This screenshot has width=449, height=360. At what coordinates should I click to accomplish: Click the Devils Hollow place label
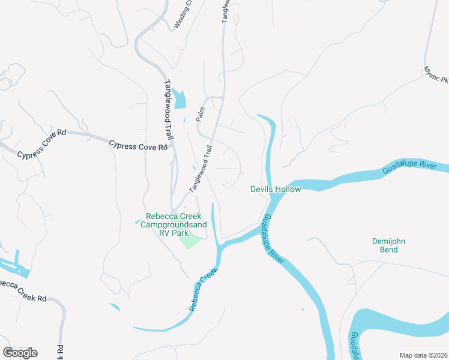pyautogui.click(x=275, y=189)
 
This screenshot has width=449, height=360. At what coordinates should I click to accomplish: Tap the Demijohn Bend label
pyautogui.click(x=388, y=245)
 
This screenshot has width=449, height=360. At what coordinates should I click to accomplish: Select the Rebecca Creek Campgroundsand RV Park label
pyautogui.click(x=173, y=224)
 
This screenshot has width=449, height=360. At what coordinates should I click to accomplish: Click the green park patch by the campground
pyautogui.click(x=190, y=241)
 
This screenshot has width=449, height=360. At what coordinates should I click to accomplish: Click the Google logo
pyautogui.click(x=20, y=352)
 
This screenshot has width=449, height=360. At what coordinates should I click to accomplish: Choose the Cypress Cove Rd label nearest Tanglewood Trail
pyautogui.click(x=137, y=145)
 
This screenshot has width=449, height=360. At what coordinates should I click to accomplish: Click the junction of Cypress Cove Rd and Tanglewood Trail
pyautogui.click(x=173, y=146)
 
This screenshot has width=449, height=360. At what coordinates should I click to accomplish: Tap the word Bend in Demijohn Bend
pyautogui.click(x=388, y=250)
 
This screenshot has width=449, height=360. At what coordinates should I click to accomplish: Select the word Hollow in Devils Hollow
pyautogui.click(x=287, y=189)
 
